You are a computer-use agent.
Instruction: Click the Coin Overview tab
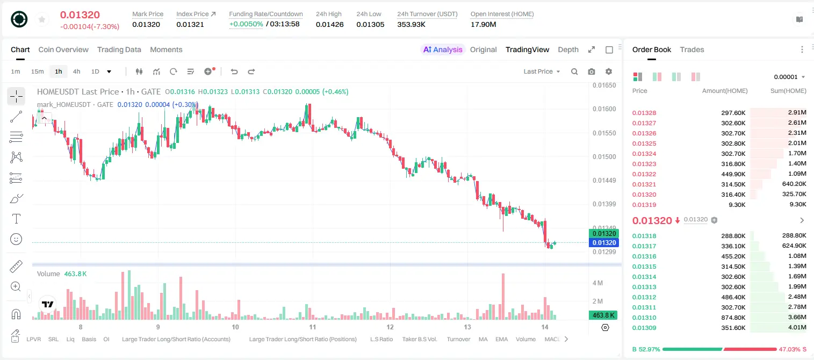point(63,49)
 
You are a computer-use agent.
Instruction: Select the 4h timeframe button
point(76,71)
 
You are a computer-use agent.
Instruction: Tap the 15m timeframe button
point(37,71)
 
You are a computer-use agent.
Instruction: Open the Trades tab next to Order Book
point(692,49)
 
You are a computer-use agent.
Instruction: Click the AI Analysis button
point(443,49)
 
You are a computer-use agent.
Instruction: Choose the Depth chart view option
point(568,49)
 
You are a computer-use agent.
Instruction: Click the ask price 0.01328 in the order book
point(644,113)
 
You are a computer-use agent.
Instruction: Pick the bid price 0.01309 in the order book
point(644,328)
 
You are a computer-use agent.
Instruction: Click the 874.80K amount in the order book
point(733,318)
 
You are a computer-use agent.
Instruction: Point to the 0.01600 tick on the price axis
point(604,109)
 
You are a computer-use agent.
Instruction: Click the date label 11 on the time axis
point(313,327)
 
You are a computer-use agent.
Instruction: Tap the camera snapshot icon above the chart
point(592,71)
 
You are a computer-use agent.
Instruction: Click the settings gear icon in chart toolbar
point(609,71)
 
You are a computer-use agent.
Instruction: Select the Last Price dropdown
point(542,71)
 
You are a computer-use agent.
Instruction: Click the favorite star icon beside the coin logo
point(42,19)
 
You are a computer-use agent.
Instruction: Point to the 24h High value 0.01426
point(329,24)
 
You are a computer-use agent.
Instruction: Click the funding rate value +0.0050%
point(246,24)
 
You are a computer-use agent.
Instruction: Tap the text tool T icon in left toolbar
point(16,219)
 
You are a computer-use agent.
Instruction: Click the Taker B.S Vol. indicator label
point(419,339)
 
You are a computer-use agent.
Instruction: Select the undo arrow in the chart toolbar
point(234,71)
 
